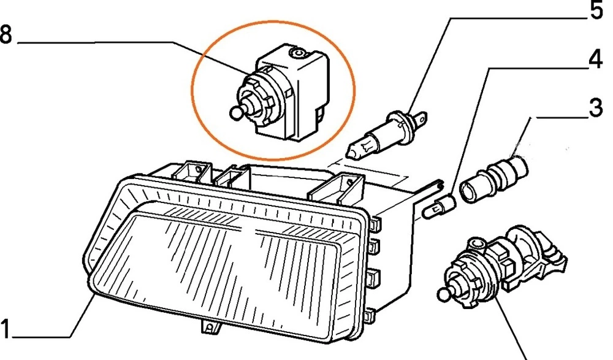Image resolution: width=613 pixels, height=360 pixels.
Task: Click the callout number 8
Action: [x=6, y=35]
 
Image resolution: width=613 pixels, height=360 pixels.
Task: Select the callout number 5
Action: [x=596, y=10]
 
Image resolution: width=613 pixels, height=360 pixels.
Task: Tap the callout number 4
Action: [x=595, y=60]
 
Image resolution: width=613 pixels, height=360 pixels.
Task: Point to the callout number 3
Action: [x=596, y=107]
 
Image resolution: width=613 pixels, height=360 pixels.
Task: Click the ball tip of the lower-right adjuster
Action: [x=444, y=294]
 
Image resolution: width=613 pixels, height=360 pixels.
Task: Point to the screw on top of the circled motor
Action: [x=299, y=52]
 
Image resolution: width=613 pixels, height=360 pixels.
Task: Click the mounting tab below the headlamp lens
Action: [x=209, y=327]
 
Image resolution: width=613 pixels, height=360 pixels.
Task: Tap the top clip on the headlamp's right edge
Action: [x=374, y=223]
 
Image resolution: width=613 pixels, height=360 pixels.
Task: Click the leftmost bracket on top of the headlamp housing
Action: [x=192, y=172]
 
